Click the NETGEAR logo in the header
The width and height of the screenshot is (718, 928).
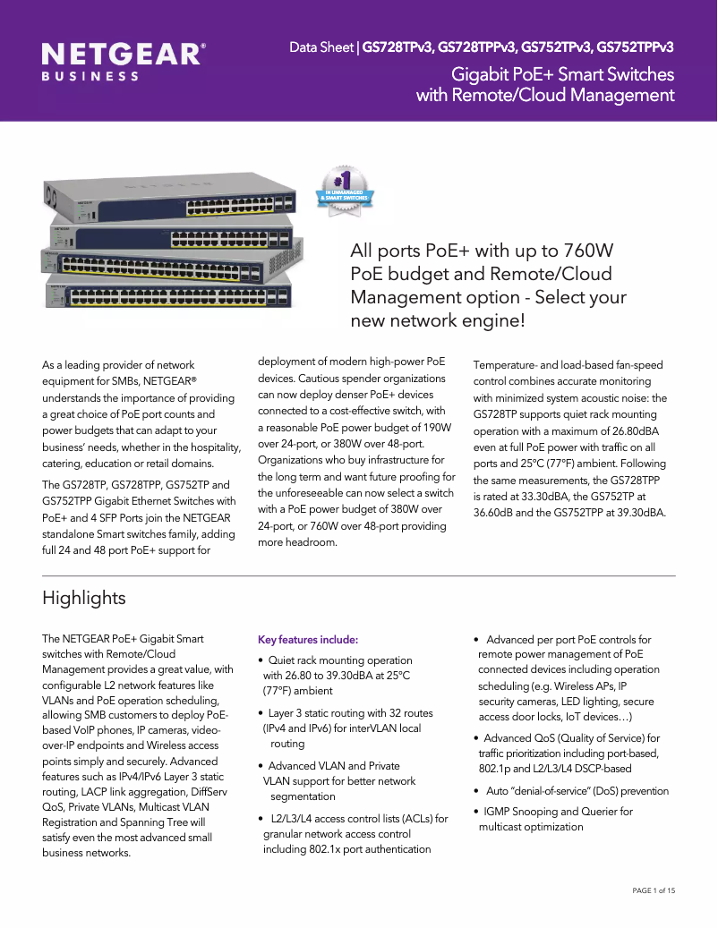pyautogui.click(x=124, y=55)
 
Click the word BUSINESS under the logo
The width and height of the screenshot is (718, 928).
pyautogui.click(x=90, y=77)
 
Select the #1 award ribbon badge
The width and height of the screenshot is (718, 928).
pyautogui.click(x=347, y=191)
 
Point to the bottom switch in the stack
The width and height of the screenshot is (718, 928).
pyautogui.click(x=167, y=294)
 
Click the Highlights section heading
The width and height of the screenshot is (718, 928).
pyautogui.click(x=84, y=598)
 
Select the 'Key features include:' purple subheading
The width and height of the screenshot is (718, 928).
pyautogui.click(x=308, y=640)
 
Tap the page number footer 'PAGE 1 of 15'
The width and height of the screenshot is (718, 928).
pyautogui.click(x=654, y=890)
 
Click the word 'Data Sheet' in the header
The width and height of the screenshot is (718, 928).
pyautogui.click(x=321, y=47)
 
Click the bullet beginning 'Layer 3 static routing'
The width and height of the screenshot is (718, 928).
pyautogui.click(x=350, y=713)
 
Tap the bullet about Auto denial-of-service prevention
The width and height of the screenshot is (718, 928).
pyautogui.click(x=577, y=791)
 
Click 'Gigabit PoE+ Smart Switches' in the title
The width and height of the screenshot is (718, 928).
pyautogui.click(x=562, y=73)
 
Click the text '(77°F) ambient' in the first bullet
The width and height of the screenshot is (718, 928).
pyautogui.click(x=297, y=691)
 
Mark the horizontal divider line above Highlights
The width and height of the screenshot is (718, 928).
pyautogui.click(x=358, y=575)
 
